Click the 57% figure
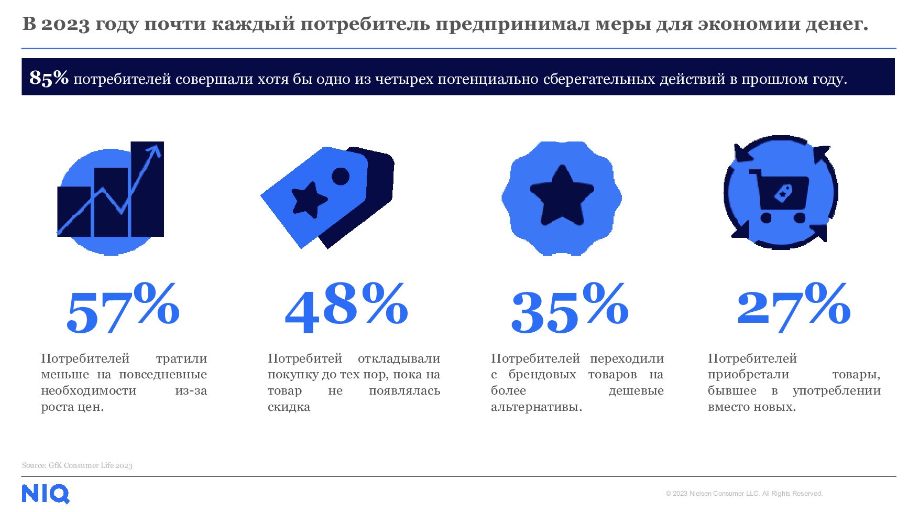coord(123,309)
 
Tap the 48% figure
coord(346,309)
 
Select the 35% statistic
coord(570,309)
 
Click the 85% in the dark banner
coord(49,78)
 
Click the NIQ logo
coord(46,494)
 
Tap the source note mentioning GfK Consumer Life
coord(77,465)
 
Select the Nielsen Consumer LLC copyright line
coord(744,494)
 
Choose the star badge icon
coord(562,198)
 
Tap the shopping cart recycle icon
coord(781,192)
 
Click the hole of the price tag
coord(341,177)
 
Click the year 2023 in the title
coord(65,24)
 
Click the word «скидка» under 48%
coord(289,407)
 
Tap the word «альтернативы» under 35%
coord(536,407)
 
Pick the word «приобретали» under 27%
coord(748,375)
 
